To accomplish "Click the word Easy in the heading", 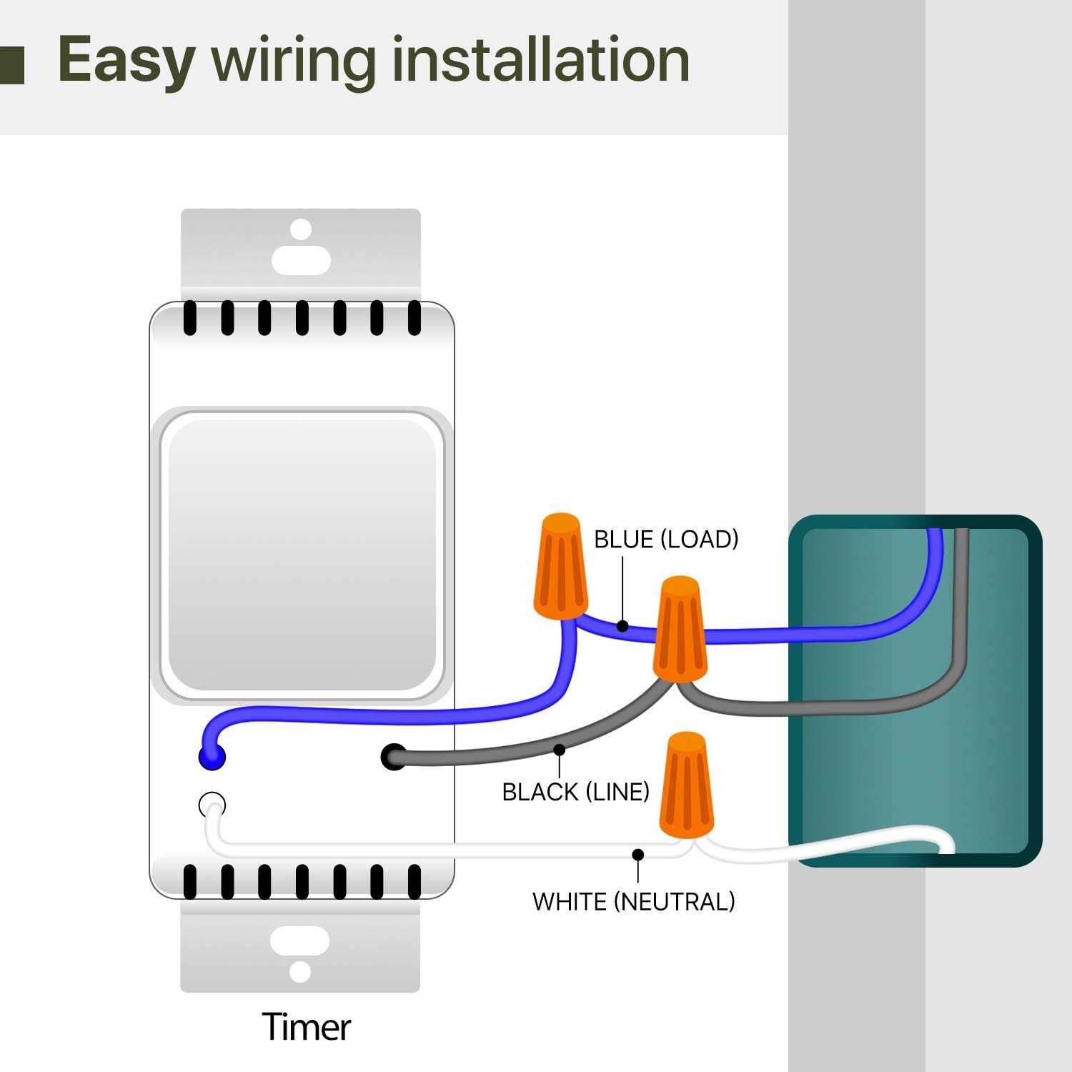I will [126, 60].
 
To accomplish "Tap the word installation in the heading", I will [541, 59].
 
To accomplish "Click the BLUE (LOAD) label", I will [666, 540].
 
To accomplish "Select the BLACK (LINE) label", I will [575, 792].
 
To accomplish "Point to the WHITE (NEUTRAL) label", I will [633, 901].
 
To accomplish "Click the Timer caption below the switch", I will [306, 1027].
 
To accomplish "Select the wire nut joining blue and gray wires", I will [680, 629].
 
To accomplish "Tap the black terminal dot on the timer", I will [394, 757].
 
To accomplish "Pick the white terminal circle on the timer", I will [212, 805].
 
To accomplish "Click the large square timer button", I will [302, 554].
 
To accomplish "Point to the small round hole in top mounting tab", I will [301, 230].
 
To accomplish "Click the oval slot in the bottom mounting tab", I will [299, 941].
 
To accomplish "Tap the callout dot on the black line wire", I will [560, 750].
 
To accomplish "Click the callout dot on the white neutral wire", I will [638, 855].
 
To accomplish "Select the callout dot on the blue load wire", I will [622, 626].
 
